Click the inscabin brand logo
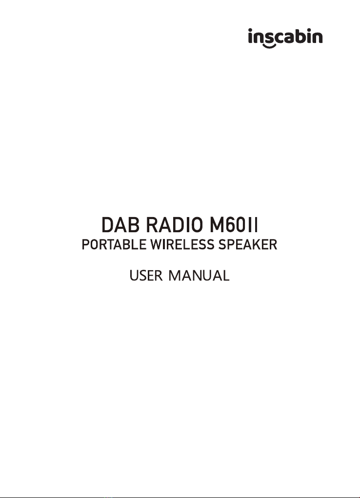click(x=285, y=38)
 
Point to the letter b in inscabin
click(x=303, y=36)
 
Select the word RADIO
click(x=175, y=225)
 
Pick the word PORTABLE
click(x=114, y=244)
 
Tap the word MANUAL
click(x=199, y=276)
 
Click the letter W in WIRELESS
click(x=157, y=244)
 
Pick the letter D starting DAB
click(x=107, y=225)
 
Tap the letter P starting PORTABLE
click(x=86, y=244)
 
